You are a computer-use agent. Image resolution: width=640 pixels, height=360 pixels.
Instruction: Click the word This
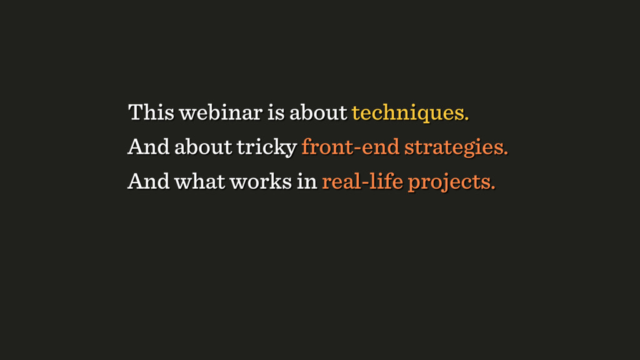click(x=151, y=112)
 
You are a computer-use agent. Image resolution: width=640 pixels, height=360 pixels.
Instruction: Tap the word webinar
click(x=221, y=112)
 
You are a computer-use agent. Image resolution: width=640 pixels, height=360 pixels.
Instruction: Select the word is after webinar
click(x=276, y=112)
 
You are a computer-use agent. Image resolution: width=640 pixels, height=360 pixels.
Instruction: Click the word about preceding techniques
click(x=318, y=112)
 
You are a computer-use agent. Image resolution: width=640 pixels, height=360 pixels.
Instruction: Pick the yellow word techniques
click(x=408, y=112)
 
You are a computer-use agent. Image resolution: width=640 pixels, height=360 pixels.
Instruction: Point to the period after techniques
click(x=467, y=119)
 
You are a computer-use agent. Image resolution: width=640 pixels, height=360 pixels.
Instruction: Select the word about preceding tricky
click(x=203, y=146)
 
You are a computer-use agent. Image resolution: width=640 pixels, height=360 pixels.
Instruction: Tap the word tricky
click(x=266, y=147)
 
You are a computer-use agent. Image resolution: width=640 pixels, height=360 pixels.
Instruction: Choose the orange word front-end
click(x=350, y=146)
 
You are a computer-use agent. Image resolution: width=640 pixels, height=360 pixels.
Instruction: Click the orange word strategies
click(x=454, y=147)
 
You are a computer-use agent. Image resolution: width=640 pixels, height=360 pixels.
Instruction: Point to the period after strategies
click(x=506, y=154)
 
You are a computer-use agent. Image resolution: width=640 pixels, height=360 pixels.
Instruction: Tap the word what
click(x=199, y=181)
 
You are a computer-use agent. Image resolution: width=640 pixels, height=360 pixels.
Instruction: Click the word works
click(x=261, y=181)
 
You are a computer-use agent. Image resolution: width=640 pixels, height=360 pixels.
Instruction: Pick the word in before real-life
click(x=307, y=181)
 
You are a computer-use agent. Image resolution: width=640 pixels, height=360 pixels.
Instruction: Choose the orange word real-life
click(x=362, y=181)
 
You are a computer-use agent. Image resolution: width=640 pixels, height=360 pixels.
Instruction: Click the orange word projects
click(x=449, y=182)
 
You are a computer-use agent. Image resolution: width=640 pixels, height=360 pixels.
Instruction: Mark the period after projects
click(x=494, y=188)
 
